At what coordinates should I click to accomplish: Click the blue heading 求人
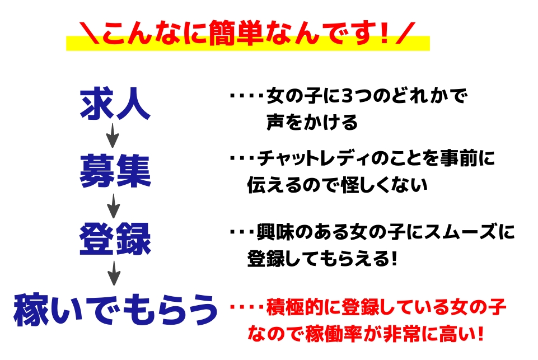click(115, 104)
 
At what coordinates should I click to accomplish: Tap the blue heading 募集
click(115, 171)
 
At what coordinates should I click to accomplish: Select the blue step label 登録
click(115, 239)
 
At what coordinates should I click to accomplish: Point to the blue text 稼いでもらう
click(116, 310)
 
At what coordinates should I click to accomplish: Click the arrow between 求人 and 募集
click(113, 135)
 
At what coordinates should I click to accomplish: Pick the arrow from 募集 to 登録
click(113, 206)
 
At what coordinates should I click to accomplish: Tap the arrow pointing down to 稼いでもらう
click(114, 273)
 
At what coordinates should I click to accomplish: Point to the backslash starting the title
click(90, 33)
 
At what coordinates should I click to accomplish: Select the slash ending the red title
click(405, 33)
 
